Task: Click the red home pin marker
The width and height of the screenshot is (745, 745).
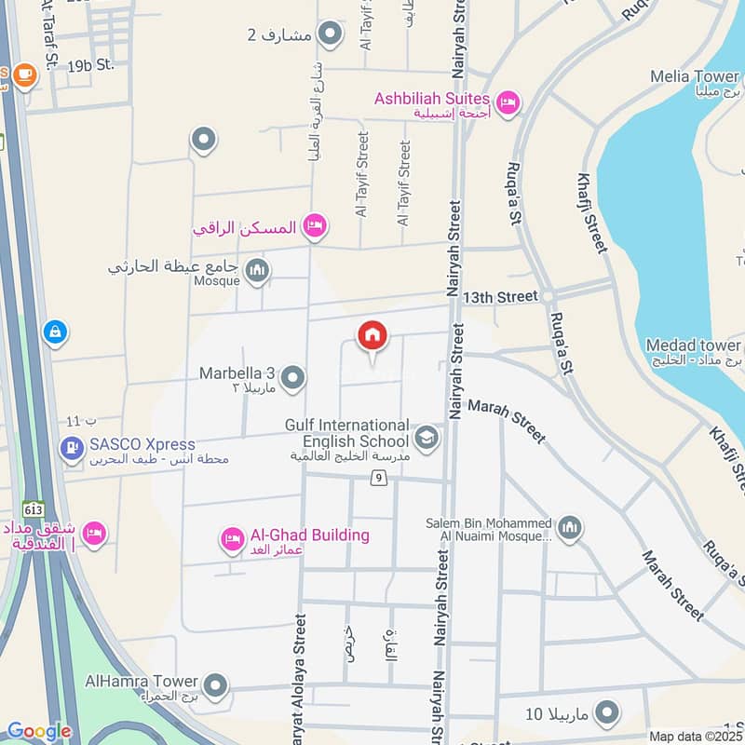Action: (x=372, y=335)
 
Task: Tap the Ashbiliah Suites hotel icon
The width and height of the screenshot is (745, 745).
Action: (x=508, y=102)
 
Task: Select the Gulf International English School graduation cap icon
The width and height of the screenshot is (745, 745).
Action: (x=427, y=438)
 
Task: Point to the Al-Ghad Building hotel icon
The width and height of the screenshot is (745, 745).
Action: (x=232, y=538)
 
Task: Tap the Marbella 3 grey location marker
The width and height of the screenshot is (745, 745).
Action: (x=292, y=378)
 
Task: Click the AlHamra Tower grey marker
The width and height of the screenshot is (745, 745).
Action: (x=215, y=686)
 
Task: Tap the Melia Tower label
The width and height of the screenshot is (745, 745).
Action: (x=703, y=76)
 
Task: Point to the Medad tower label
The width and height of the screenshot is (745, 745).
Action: (x=694, y=346)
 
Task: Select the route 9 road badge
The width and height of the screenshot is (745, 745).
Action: (x=378, y=479)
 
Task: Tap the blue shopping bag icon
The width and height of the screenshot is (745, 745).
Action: (x=55, y=331)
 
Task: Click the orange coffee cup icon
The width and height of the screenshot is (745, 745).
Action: (x=24, y=75)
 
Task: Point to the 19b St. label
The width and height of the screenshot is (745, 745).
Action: (x=90, y=64)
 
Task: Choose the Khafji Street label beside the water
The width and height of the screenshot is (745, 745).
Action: (x=592, y=213)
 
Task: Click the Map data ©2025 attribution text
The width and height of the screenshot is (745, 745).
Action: (x=695, y=736)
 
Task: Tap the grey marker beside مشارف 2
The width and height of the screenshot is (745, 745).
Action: (x=329, y=35)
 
